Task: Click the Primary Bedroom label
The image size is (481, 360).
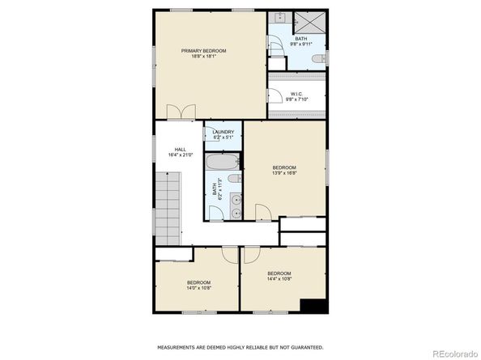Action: (x=203, y=50)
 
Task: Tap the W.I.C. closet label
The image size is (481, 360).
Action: (x=297, y=94)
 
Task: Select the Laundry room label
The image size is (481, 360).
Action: (x=223, y=132)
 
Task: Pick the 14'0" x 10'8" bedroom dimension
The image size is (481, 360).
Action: (x=198, y=287)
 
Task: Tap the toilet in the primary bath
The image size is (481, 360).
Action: (x=321, y=59)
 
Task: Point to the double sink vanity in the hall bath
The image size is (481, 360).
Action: (x=235, y=205)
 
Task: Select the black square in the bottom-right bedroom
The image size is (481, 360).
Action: (x=313, y=306)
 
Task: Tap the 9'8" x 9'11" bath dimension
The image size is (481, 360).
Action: (x=301, y=44)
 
